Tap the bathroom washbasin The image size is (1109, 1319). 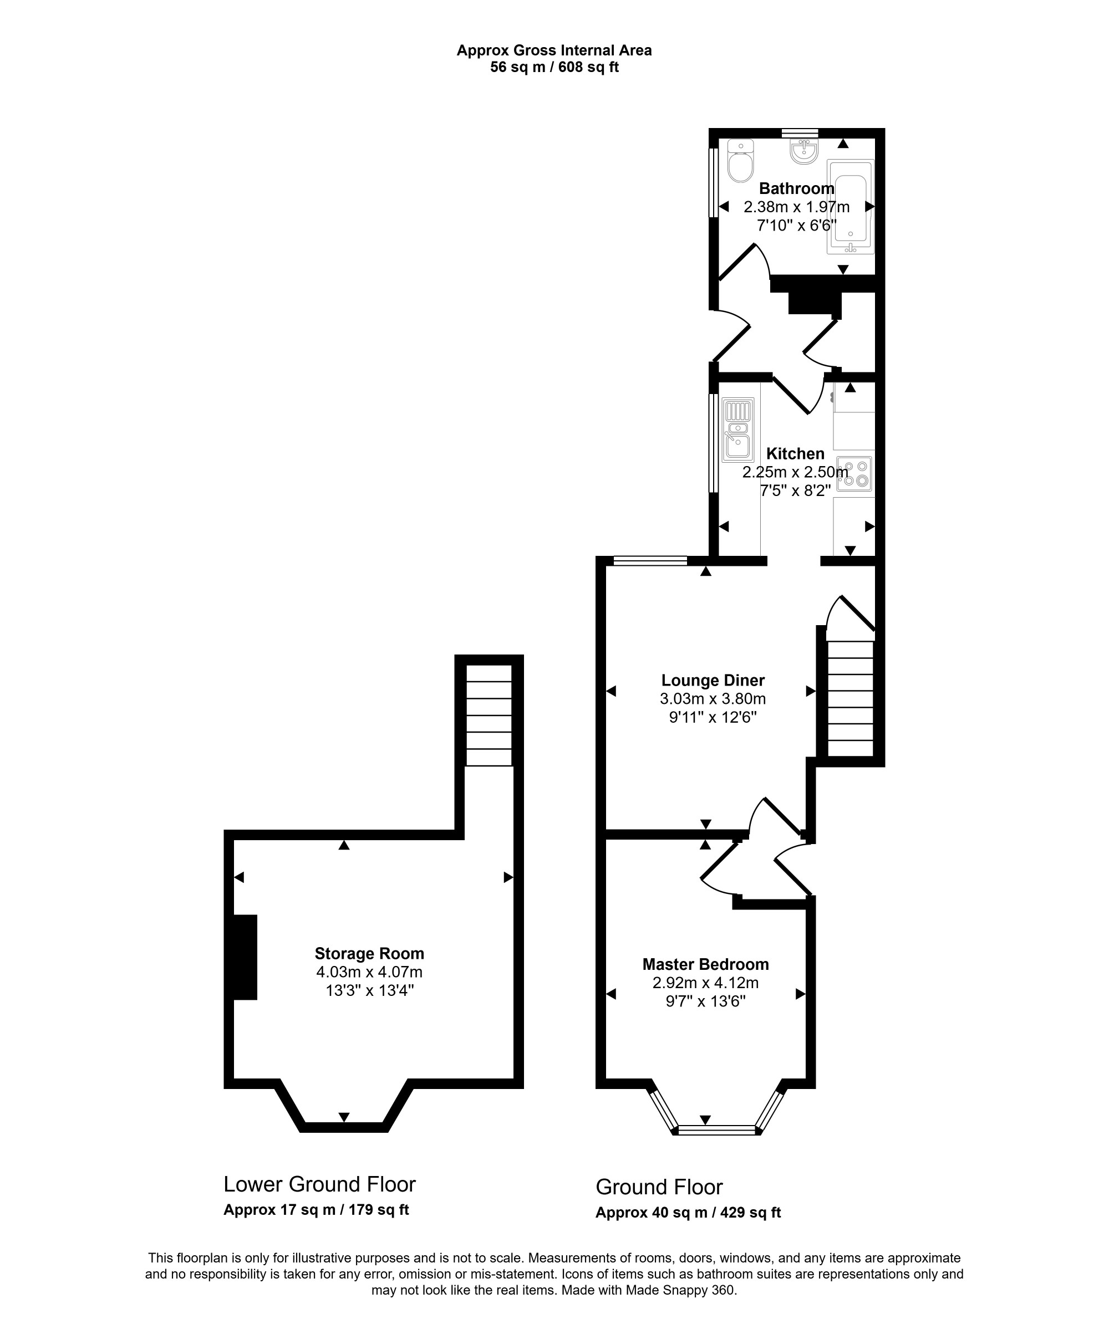click(804, 151)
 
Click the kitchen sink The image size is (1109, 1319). click(738, 430)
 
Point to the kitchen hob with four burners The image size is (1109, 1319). click(855, 473)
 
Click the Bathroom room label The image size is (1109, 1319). click(797, 188)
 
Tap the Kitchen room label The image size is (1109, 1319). click(795, 454)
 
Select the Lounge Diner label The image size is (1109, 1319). click(713, 680)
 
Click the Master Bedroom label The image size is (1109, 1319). click(705, 964)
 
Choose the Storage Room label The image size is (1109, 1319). click(370, 953)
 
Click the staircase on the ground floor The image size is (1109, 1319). click(851, 698)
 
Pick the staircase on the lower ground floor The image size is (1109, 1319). click(489, 715)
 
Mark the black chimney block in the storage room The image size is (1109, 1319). click(245, 957)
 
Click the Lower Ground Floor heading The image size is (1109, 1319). click(319, 1184)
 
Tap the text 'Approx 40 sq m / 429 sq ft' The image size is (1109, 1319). click(688, 1213)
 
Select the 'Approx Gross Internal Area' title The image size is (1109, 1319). click(554, 50)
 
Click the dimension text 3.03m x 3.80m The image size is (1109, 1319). click(713, 699)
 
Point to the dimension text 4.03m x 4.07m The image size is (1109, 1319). click(370, 972)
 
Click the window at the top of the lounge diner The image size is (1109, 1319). click(650, 561)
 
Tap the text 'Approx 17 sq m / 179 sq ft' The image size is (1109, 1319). click(316, 1210)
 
